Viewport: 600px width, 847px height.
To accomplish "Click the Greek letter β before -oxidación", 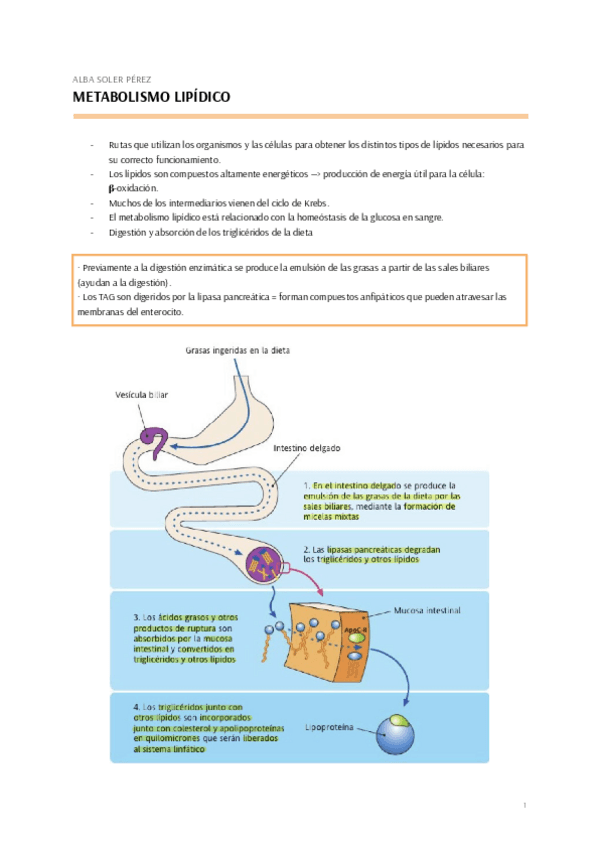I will point(111,188).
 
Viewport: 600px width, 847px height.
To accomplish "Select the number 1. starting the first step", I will point(308,484).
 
